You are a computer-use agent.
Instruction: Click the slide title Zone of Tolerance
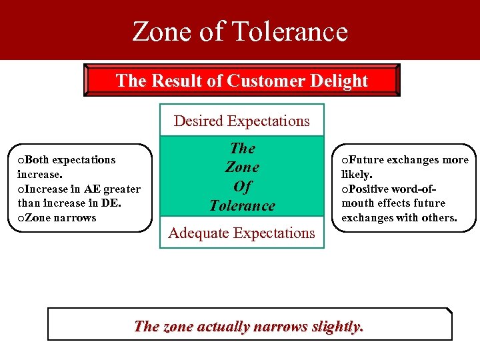240,31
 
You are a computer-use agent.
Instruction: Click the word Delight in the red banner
341,81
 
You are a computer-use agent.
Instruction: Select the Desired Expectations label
241,121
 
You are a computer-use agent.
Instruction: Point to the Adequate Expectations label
241,233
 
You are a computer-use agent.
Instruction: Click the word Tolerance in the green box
242,205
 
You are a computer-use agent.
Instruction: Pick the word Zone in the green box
242,167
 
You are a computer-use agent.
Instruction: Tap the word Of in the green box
242,187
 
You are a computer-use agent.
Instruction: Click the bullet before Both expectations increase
21,160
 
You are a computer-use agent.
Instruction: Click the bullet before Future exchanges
345,160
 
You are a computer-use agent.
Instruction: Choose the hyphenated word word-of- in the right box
421,189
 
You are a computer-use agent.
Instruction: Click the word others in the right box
439,218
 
